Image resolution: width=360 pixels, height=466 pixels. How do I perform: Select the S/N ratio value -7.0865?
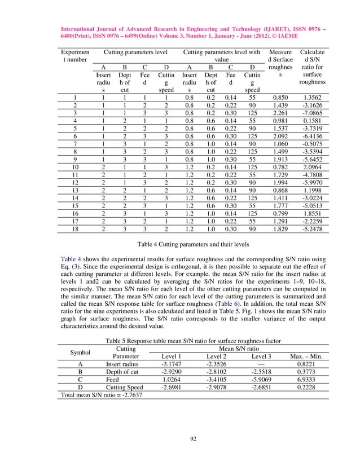point(312,112)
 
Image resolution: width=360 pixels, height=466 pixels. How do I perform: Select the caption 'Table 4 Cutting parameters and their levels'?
point(180,246)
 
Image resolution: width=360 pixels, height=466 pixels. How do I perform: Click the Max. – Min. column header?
point(306,357)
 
